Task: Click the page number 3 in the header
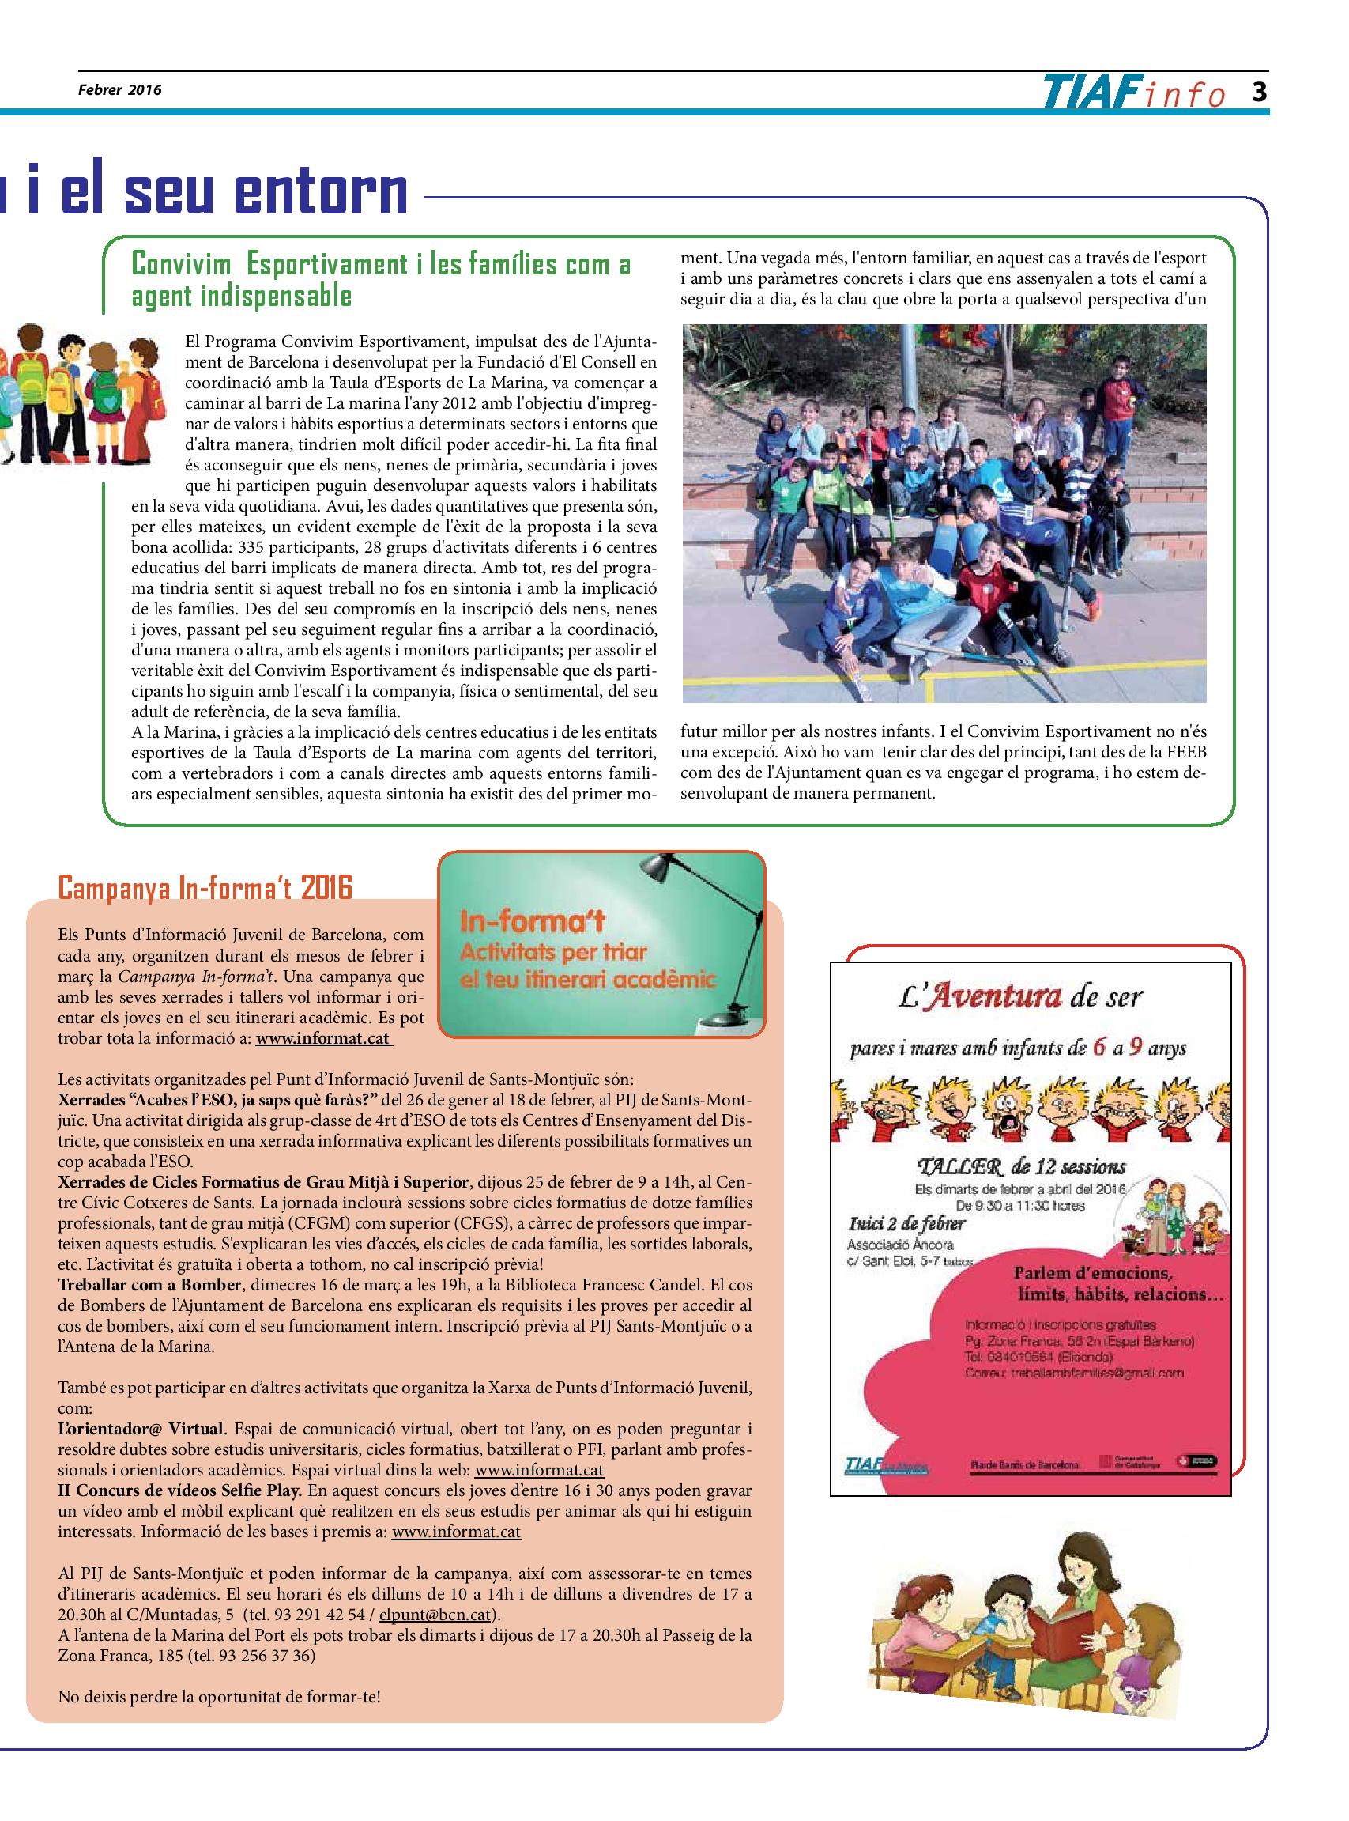click(x=1259, y=92)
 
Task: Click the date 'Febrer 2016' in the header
click(x=120, y=91)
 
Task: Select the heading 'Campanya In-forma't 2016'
click(x=205, y=886)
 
